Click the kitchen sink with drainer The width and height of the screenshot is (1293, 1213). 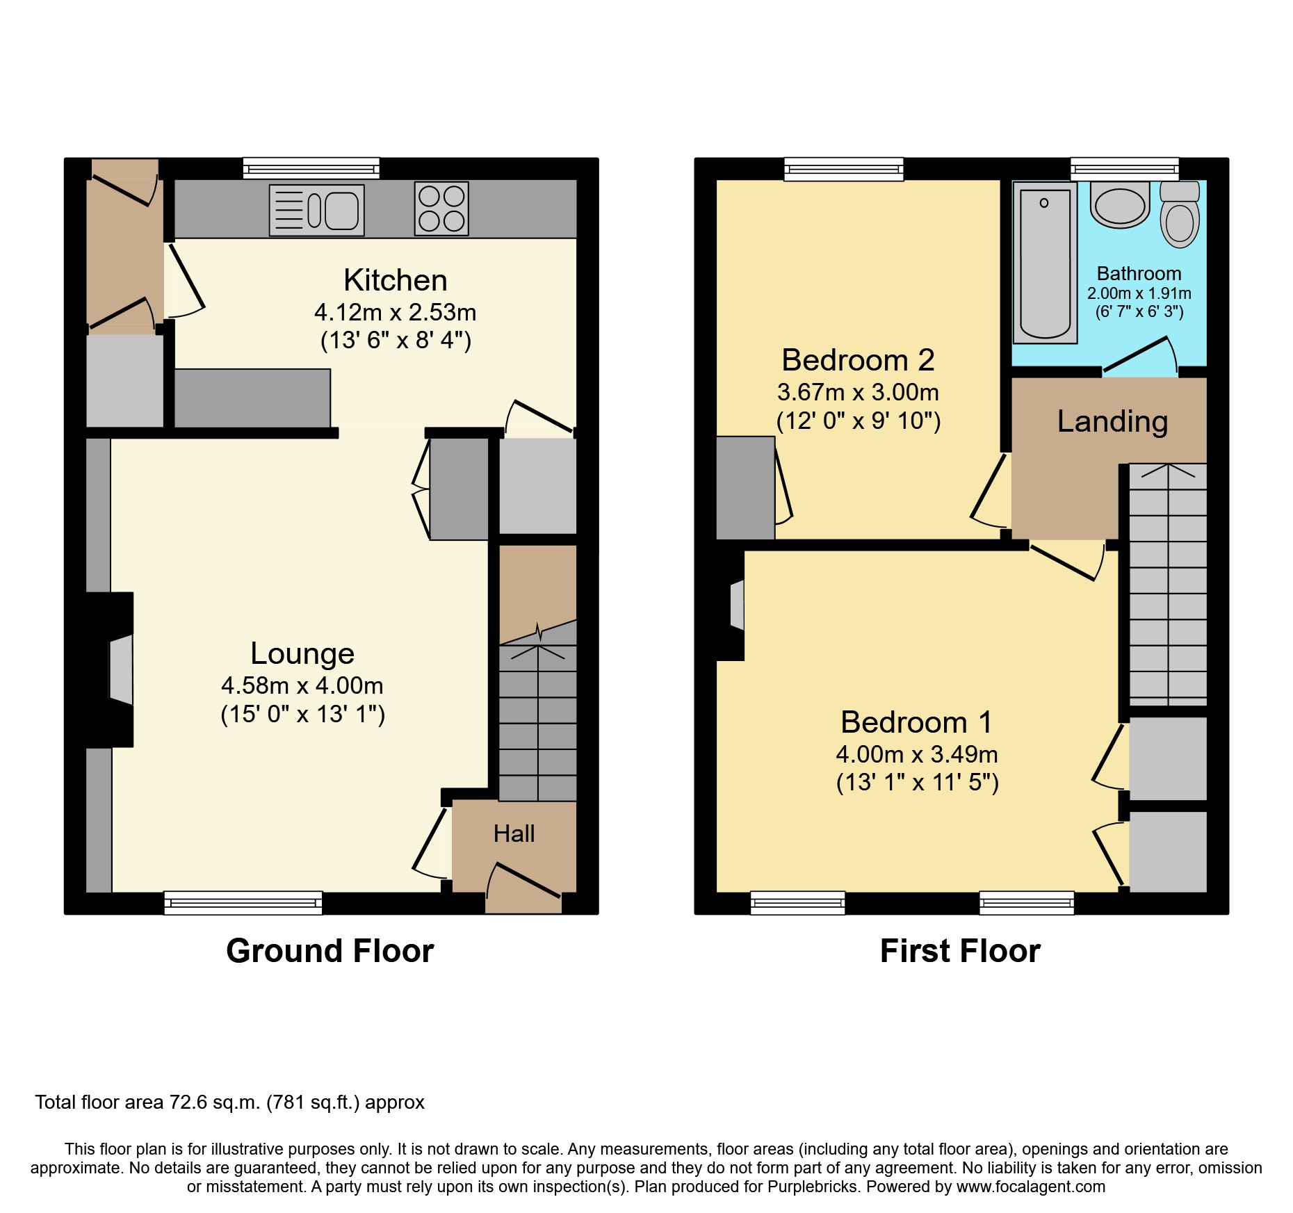click(317, 210)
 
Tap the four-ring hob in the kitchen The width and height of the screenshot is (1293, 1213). click(441, 209)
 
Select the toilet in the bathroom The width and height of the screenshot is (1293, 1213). click(1180, 215)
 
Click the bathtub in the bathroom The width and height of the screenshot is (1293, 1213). click(1045, 263)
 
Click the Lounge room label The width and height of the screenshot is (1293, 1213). click(302, 653)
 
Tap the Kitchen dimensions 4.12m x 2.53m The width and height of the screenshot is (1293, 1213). click(395, 313)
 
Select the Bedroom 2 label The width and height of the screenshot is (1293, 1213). click(858, 360)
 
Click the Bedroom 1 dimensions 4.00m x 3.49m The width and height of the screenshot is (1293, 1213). click(917, 754)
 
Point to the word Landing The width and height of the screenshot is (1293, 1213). click(1112, 421)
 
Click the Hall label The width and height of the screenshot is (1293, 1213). click(514, 833)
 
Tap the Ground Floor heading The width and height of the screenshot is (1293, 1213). click(330, 951)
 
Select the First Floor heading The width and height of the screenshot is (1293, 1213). click(960, 951)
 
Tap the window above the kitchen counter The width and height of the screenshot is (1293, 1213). click(311, 168)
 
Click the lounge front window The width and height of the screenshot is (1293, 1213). click(243, 902)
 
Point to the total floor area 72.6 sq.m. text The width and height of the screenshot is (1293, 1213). click(229, 1102)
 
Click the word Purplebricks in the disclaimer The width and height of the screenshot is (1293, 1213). click(812, 1187)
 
